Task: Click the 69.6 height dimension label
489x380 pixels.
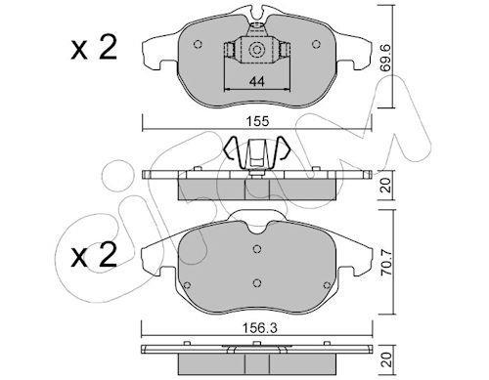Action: [385, 58]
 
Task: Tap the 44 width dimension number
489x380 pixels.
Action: [257, 81]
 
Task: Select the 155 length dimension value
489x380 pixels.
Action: [257, 121]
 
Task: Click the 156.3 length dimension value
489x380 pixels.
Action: [257, 328]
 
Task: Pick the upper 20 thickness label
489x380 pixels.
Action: [386, 185]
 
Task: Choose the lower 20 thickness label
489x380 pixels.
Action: [386, 359]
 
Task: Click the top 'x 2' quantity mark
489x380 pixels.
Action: [94, 49]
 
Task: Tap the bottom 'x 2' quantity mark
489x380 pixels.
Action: [94, 256]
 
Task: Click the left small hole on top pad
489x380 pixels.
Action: [198, 44]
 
